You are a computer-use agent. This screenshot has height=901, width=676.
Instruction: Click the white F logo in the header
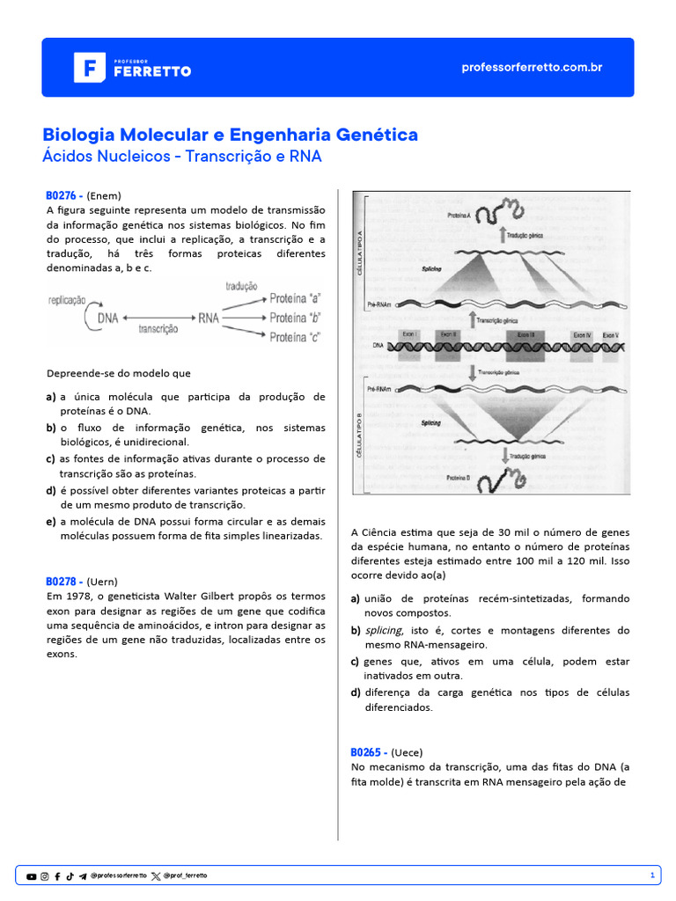[89, 68]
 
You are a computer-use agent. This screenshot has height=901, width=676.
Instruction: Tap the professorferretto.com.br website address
[532, 68]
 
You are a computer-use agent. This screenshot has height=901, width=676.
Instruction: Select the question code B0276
[64, 195]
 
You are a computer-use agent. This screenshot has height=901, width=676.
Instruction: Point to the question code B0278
[64, 582]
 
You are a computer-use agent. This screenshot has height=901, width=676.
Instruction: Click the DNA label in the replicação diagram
[107, 318]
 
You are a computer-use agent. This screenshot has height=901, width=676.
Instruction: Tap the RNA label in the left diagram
[209, 318]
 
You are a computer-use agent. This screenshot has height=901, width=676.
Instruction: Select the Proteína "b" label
[295, 318]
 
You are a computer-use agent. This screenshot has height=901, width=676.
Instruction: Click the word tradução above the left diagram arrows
[241, 287]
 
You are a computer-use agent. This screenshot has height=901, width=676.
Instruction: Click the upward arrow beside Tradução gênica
[503, 234]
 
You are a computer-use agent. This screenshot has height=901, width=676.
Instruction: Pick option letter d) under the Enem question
[51, 490]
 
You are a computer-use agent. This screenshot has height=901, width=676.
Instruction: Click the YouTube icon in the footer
[32, 876]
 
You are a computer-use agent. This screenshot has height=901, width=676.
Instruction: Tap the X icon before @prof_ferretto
[156, 876]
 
